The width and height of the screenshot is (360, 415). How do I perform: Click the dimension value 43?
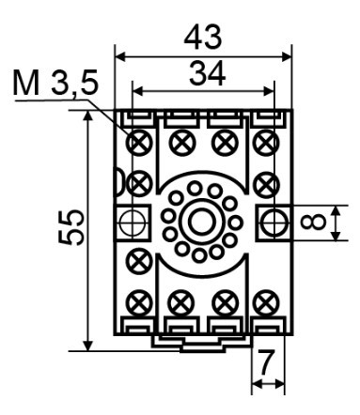coord(203,37)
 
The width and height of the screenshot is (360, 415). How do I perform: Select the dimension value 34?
coord(208,74)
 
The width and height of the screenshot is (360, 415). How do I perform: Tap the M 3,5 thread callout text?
coord(55,84)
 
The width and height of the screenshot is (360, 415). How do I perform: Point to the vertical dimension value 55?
coord(71,227)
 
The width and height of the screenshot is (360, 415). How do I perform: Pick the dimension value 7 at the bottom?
coord(266,362)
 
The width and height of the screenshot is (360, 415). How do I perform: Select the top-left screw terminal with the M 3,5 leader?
coord(139,143)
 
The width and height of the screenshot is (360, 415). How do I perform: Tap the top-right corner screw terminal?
coord(266,143)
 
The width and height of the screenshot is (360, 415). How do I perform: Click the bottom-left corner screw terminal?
coord(141,303)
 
